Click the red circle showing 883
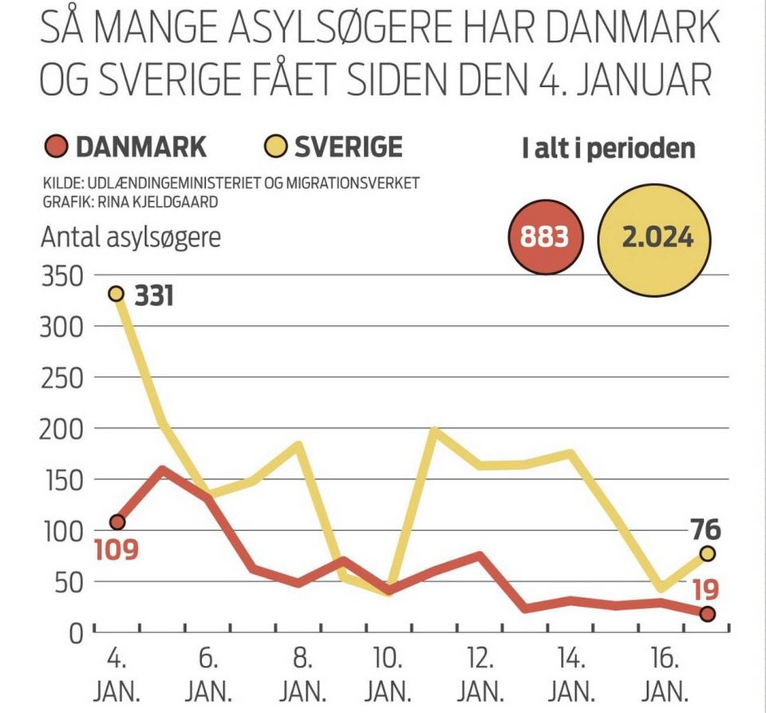545,237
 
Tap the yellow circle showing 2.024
658,237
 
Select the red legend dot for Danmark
53,147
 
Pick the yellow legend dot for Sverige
274,147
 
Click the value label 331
154,297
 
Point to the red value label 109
116,550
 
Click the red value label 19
705,589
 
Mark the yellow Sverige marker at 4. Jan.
116,294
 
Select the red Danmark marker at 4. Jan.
117,522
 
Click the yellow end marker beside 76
707,553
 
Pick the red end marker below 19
707,613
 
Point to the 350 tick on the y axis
61,276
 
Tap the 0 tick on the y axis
77,633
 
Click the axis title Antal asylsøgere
130,238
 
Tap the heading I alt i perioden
609,149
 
